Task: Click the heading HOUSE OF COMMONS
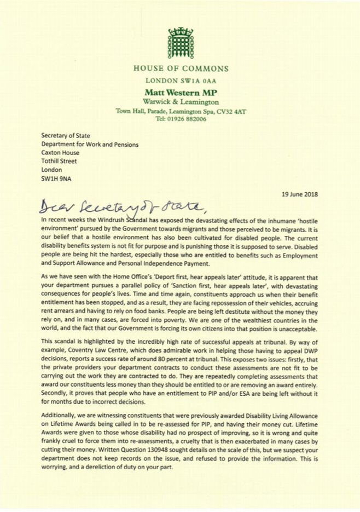click(180, 69)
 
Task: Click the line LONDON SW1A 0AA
click(180, 80)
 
